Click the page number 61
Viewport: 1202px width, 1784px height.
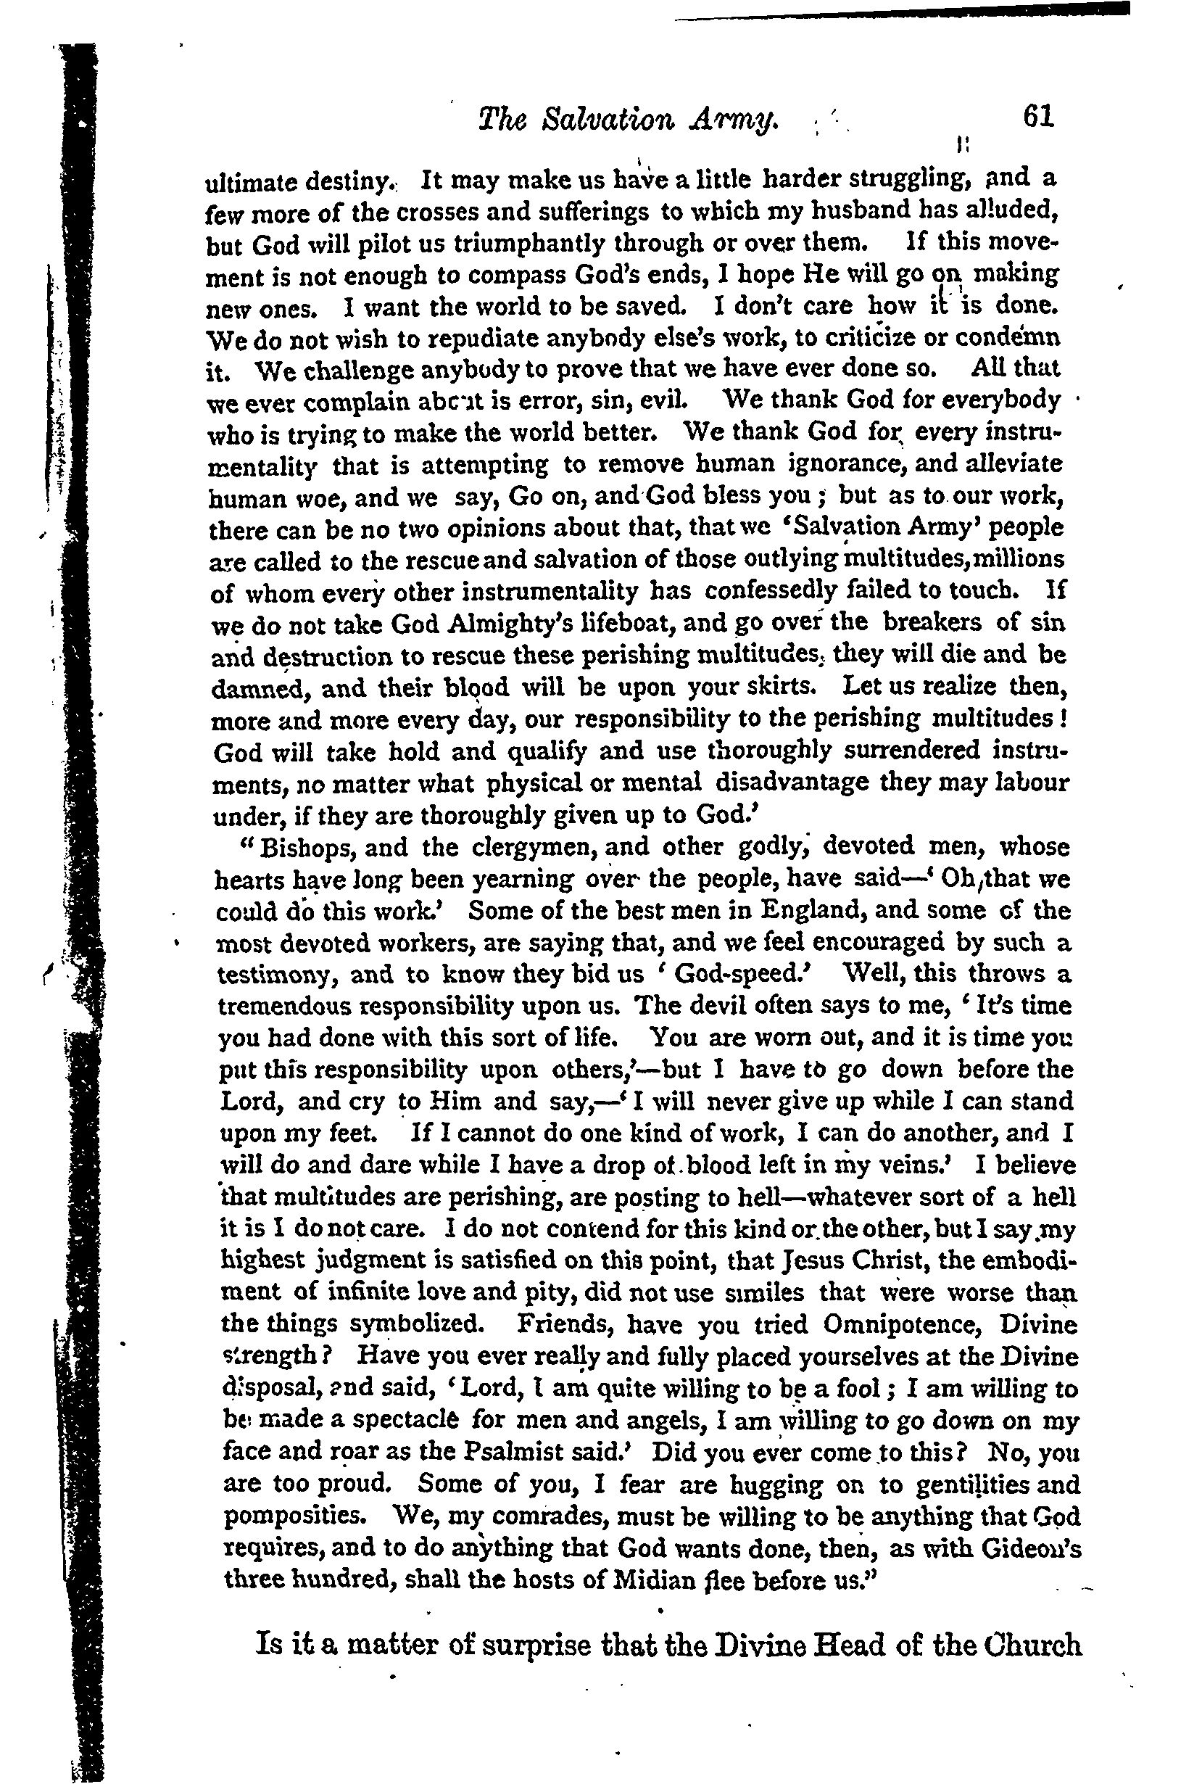pyautogui.click(x=1038, y=116)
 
